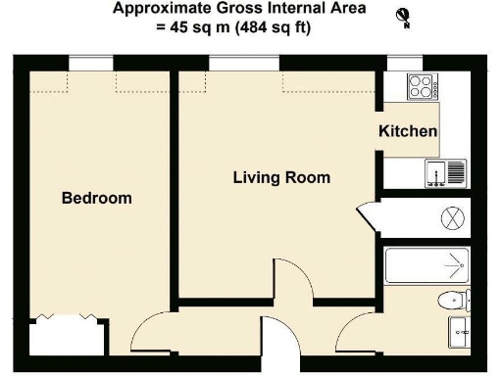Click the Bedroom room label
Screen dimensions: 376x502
point(96,198)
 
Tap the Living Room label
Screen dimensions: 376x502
point(280,178)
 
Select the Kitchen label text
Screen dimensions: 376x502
point(408,131)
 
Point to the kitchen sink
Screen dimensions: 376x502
point(445,174)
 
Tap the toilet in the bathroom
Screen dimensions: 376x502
point(453,299)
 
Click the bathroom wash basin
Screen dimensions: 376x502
point(458,332)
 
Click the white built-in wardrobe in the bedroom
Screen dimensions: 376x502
point(64,337)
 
